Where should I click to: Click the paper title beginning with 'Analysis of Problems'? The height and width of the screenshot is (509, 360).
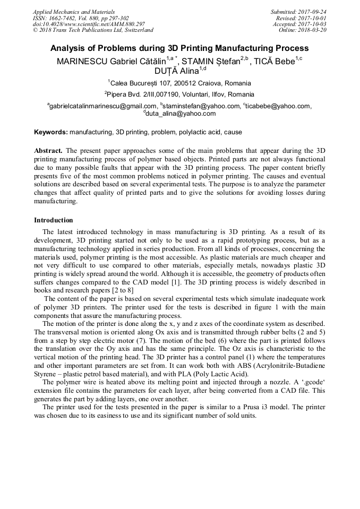[179, 48]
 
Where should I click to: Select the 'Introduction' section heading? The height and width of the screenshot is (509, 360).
[54, 220]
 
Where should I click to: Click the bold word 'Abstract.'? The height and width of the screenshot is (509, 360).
[48, 150]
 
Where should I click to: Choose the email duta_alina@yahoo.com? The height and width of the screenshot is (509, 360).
[179, 114]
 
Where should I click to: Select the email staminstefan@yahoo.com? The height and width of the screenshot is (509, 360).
[201, 106]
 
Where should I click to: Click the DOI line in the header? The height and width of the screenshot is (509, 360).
[89, 24]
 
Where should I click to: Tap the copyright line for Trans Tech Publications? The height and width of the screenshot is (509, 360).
[93, 30]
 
